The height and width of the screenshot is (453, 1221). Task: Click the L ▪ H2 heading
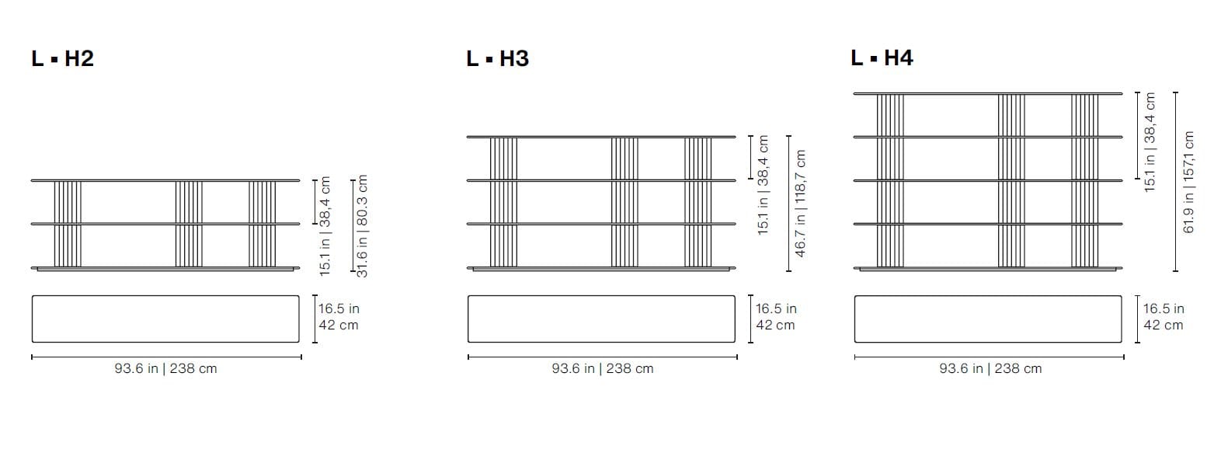(x=62, y=58)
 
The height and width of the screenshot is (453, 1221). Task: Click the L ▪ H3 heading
(x=497, y=58)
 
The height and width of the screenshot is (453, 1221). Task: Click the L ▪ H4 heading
(x=882, y=57)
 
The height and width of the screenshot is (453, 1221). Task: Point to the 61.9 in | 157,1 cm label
(x=1188, y=182)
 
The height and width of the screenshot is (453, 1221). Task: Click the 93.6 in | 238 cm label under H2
(x=165, y=369)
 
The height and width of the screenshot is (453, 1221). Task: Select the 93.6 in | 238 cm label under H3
(x=603, y=369)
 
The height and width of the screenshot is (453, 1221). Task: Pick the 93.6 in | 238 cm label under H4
(x=990, y=369)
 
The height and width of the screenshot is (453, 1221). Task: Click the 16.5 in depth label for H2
(x=339, y=308)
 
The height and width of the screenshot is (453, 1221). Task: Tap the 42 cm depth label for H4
(x=1163, y=326)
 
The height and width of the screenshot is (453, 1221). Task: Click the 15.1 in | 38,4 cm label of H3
(x=763, y=185)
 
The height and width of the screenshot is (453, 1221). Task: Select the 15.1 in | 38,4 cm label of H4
(x=1150, y=142)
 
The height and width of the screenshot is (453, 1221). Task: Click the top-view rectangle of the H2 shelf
(x=165, y=319)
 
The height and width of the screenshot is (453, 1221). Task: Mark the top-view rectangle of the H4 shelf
(x=988, y=319)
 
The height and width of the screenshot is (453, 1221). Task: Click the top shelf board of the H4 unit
(x=988, y=93)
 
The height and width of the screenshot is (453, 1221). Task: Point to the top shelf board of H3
(x=600, y=137)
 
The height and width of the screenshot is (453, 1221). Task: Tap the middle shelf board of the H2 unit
(x=165, y=224)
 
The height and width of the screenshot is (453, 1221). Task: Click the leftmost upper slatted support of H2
(x=68, y=202)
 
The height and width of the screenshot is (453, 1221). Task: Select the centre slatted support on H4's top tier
(x=1011, y=115)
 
